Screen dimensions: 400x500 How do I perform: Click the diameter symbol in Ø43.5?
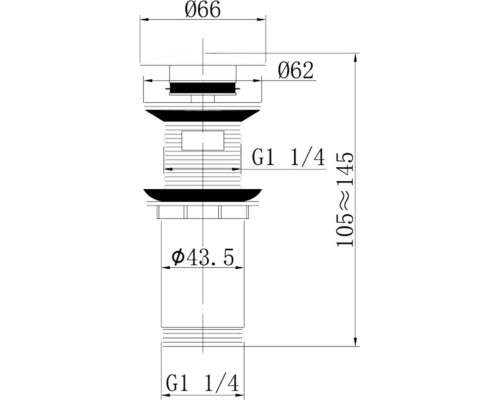click(176, 258)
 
